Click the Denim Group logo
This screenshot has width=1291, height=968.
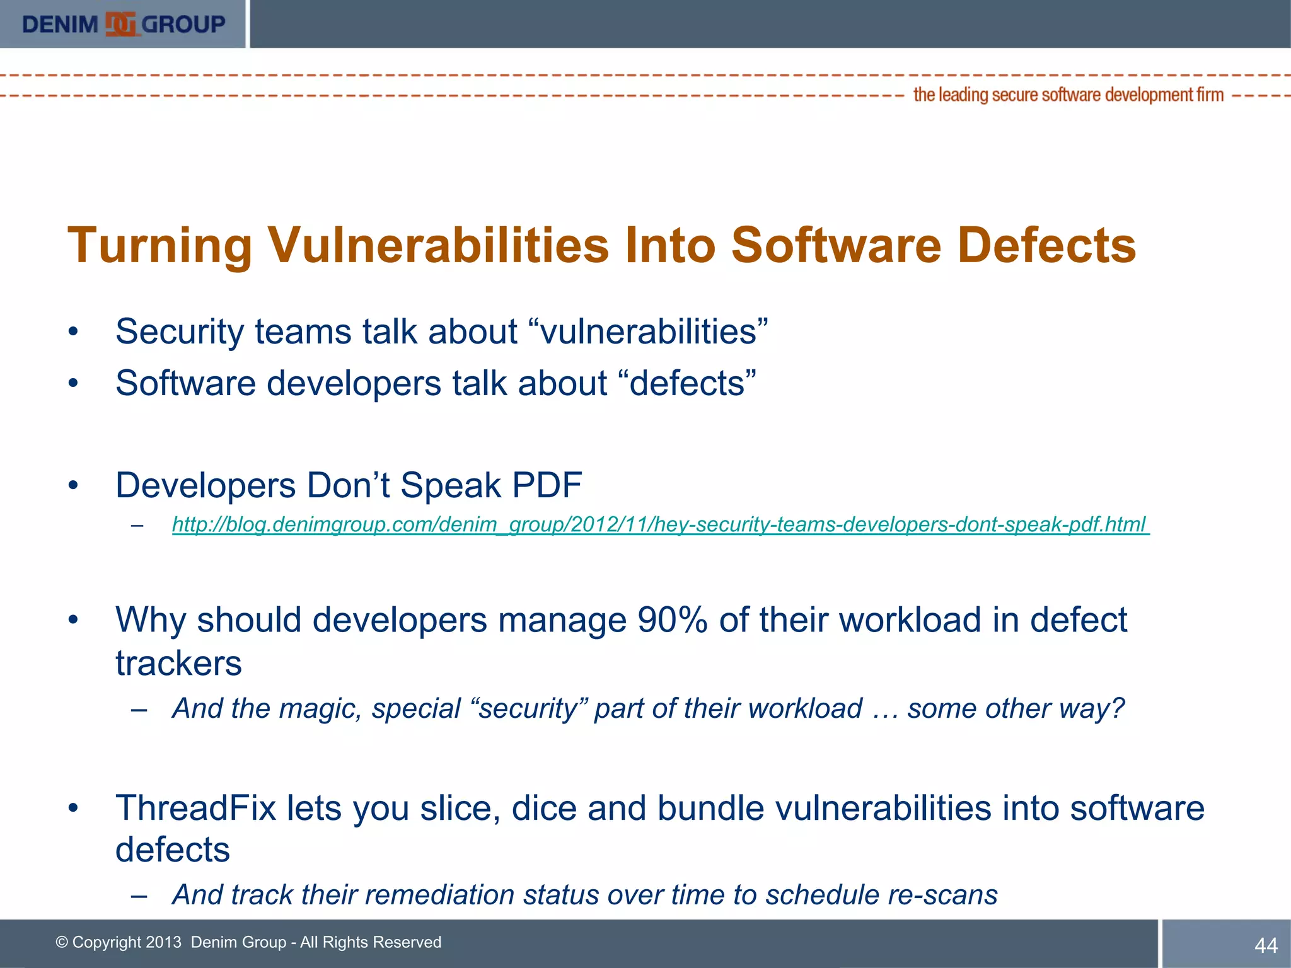[x=123, y=24]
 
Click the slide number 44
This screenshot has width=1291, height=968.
[x=1266, y=945]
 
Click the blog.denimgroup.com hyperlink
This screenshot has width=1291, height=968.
[x=660, y=524]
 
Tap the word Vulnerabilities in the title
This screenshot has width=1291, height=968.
[x=439, y=245]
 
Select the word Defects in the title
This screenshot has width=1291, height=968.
[x=1046, y=245]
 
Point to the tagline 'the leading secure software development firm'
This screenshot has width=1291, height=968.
[x=1068, y=95]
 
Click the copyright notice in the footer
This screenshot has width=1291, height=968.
[x=248, y=942]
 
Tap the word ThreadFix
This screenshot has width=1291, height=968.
[x=196, y=808]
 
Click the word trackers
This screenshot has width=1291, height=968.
[x=178, y=664]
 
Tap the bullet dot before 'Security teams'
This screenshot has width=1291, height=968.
[x=74, y=331]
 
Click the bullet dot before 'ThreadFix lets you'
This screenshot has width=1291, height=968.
[x=74, y=808]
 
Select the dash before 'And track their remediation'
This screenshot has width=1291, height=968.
[x=139, y=896]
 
